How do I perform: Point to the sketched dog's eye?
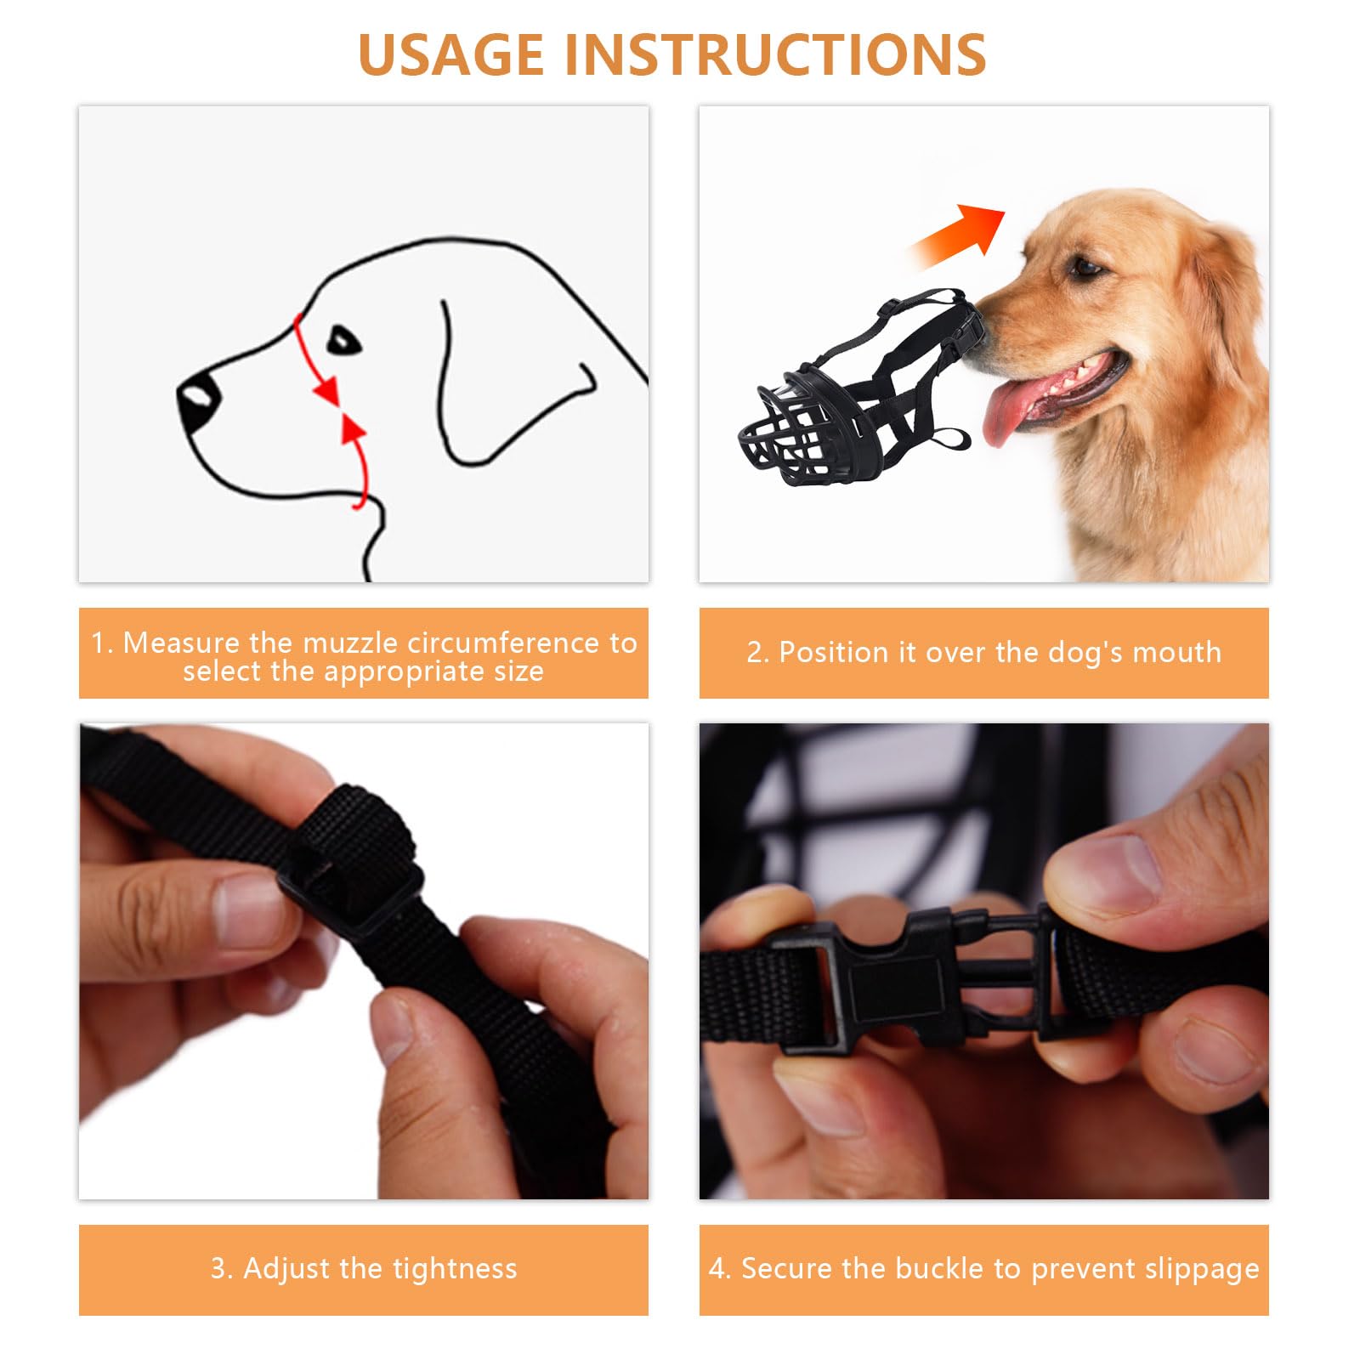(x=344, y=340)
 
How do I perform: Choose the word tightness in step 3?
(x=455, y=1268)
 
